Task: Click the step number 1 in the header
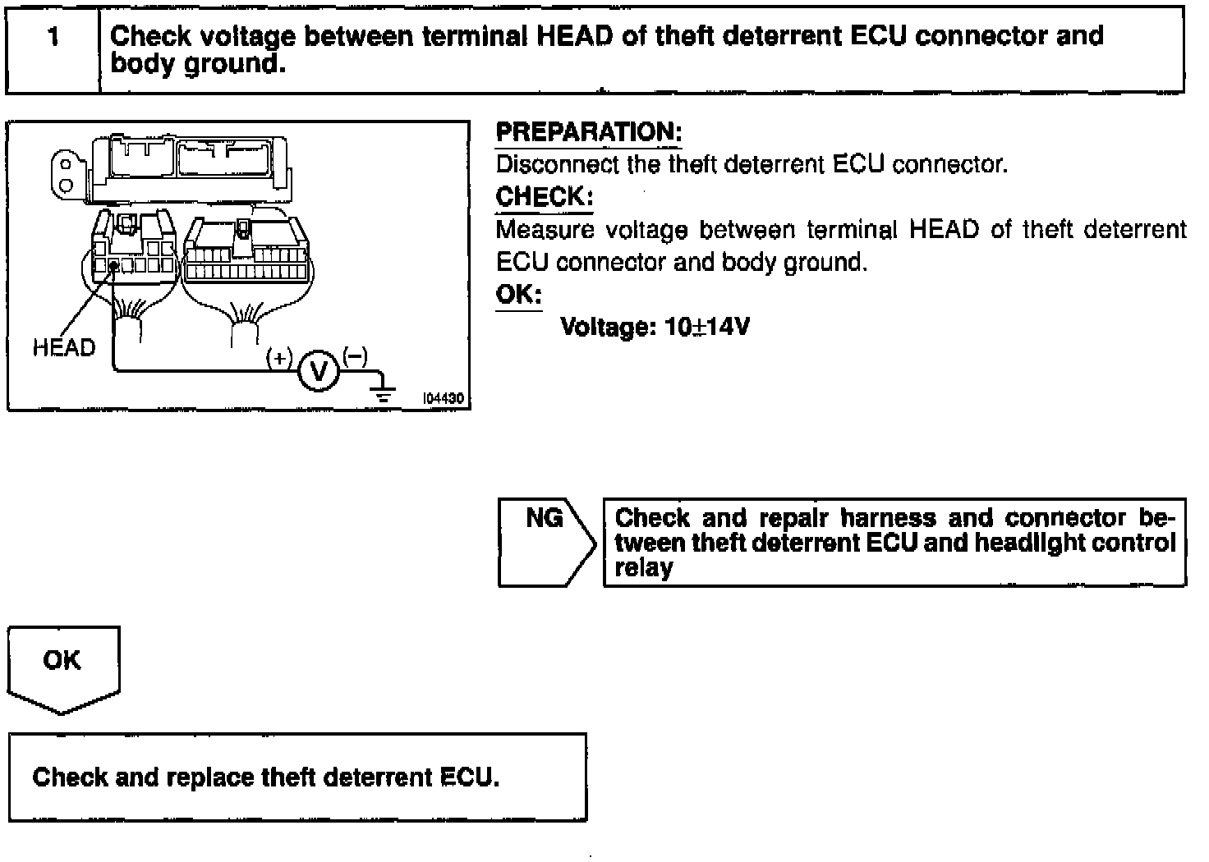point(53,37)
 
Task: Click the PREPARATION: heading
point(589,132)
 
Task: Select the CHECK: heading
point(544,198)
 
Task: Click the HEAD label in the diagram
point(64,348)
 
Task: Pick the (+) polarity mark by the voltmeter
point(279,358)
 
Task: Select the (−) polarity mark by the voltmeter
point(355,355)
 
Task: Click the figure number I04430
point(444,398)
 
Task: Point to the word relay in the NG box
point(643,568)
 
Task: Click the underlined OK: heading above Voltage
point(518,295)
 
